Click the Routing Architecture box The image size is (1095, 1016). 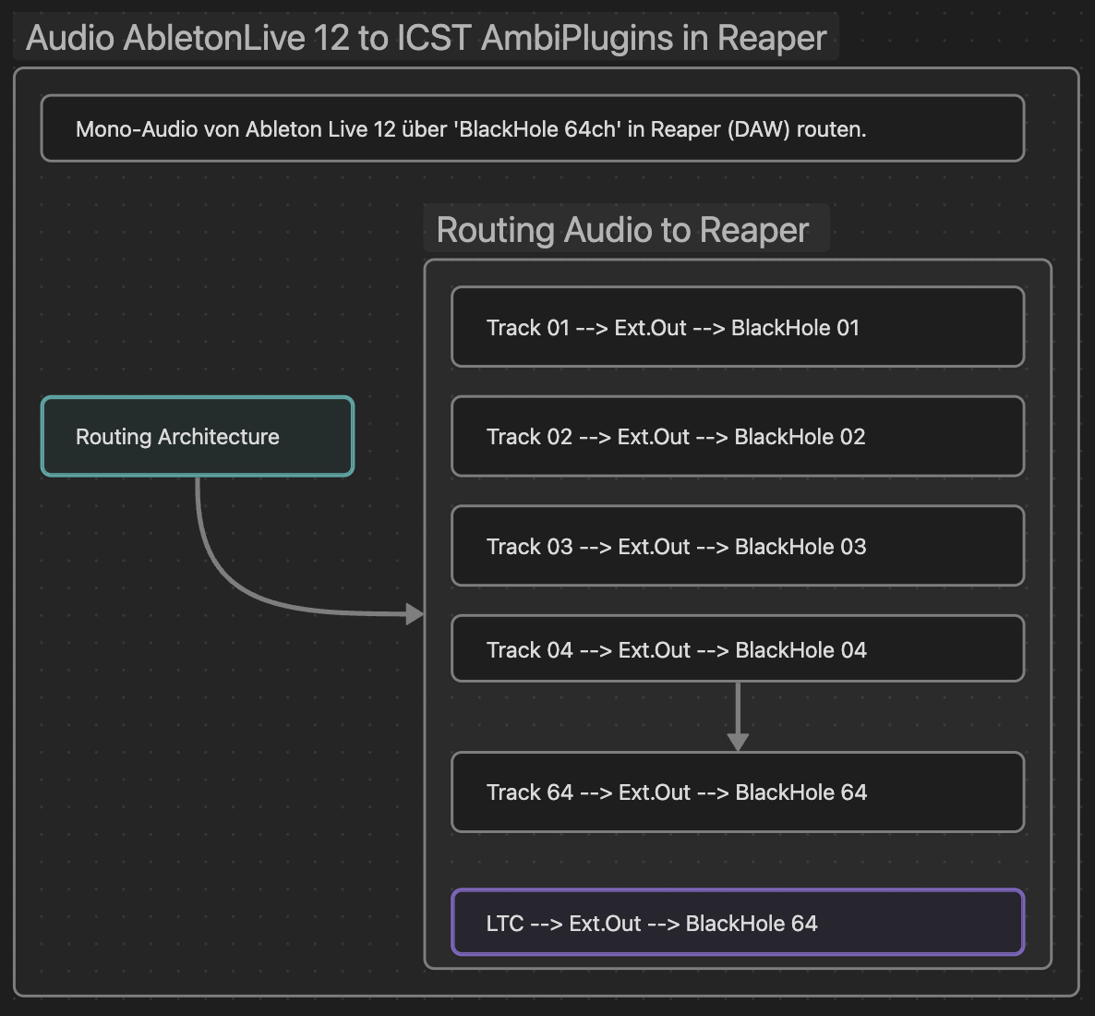coord(198,437)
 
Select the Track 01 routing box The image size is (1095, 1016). coord(737,327)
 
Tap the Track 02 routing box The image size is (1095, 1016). coord(737,437)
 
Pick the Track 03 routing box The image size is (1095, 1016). coord(737,546)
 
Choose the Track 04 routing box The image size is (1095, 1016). coord(737,649)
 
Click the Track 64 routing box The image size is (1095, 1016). coord(737,792)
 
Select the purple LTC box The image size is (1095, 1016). coord(737,923)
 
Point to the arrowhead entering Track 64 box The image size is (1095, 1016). coord(738,742)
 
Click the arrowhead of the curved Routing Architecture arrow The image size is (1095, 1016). coord(415,613)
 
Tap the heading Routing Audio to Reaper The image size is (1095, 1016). coord(622,230)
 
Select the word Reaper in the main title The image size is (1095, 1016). coord(772,38)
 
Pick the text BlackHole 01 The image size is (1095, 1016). coord(795,328)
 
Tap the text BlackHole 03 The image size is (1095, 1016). coord(800,547)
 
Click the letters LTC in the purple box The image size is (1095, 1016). coord(505,924)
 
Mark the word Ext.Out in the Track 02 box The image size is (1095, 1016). coord(654,437)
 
